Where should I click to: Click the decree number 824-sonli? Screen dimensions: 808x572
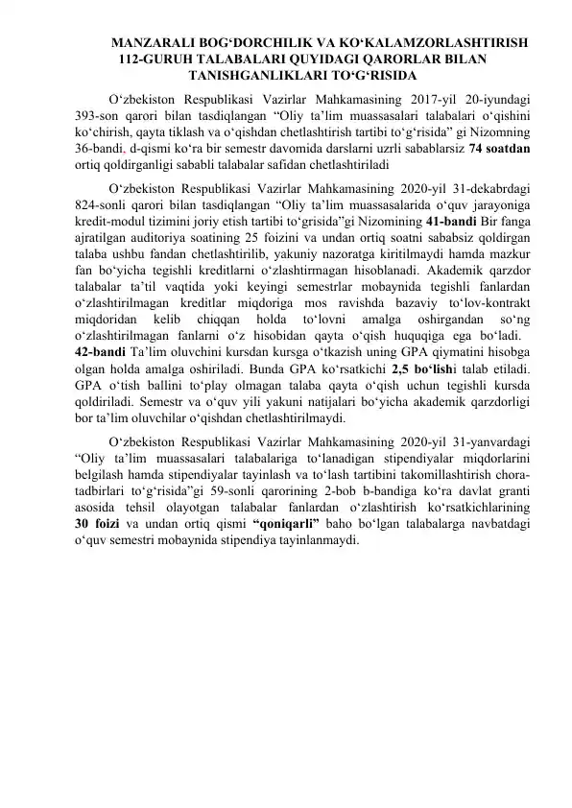(x=104, y=204)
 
